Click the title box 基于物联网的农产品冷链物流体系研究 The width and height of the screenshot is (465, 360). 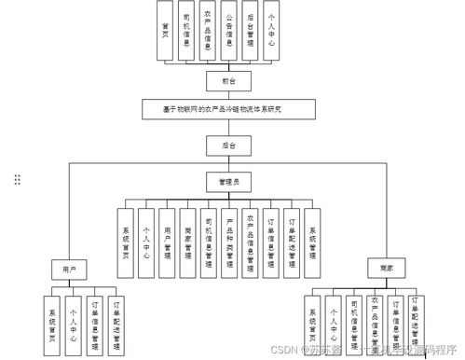point(221,109)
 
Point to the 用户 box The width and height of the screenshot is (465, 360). point(69,269)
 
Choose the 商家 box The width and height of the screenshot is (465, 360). point(386,269)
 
